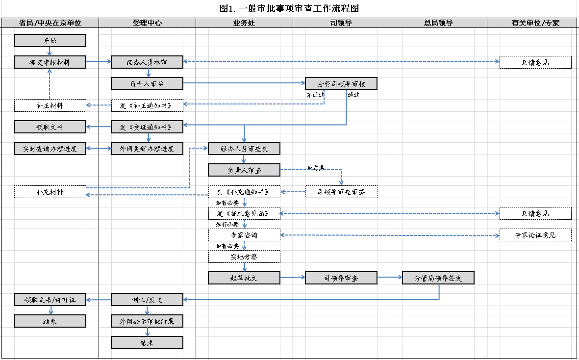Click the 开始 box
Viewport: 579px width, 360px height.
click(x=50, y=41)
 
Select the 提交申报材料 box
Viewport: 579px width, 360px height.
click(x=50, y=62)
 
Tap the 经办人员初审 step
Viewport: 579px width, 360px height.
click(x=147, y=62)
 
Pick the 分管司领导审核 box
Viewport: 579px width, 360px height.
click(x=341, y=84)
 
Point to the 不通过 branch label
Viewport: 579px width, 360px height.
click(x=315, y=95)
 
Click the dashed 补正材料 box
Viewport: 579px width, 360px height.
click(x=50, y=105)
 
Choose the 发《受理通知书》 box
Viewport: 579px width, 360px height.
click(x=147, y=127)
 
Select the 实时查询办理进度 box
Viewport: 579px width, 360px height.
click(x=50, y=149)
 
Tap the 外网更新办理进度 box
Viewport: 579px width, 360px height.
click(x=147, y=149)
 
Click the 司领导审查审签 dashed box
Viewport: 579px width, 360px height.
click(x=341, y=192)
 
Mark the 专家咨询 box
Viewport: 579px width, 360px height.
click(x=244, y=235)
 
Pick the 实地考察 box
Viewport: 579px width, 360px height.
click(x=244, y=257)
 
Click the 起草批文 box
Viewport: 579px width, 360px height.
click(x=244, y=278)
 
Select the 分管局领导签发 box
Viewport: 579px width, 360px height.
click(x=438, y=278)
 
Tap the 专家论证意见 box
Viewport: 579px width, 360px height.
click(x=535, y=235)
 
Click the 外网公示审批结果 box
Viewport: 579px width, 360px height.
click(x=147, y=321)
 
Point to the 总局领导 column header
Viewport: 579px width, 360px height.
click(x=438, y=23)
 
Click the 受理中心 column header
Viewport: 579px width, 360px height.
click(x=147, y=23)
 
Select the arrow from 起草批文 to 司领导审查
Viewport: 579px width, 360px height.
click(x=293, y=278)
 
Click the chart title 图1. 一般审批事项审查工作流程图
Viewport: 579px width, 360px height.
click(x=290, y=8)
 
